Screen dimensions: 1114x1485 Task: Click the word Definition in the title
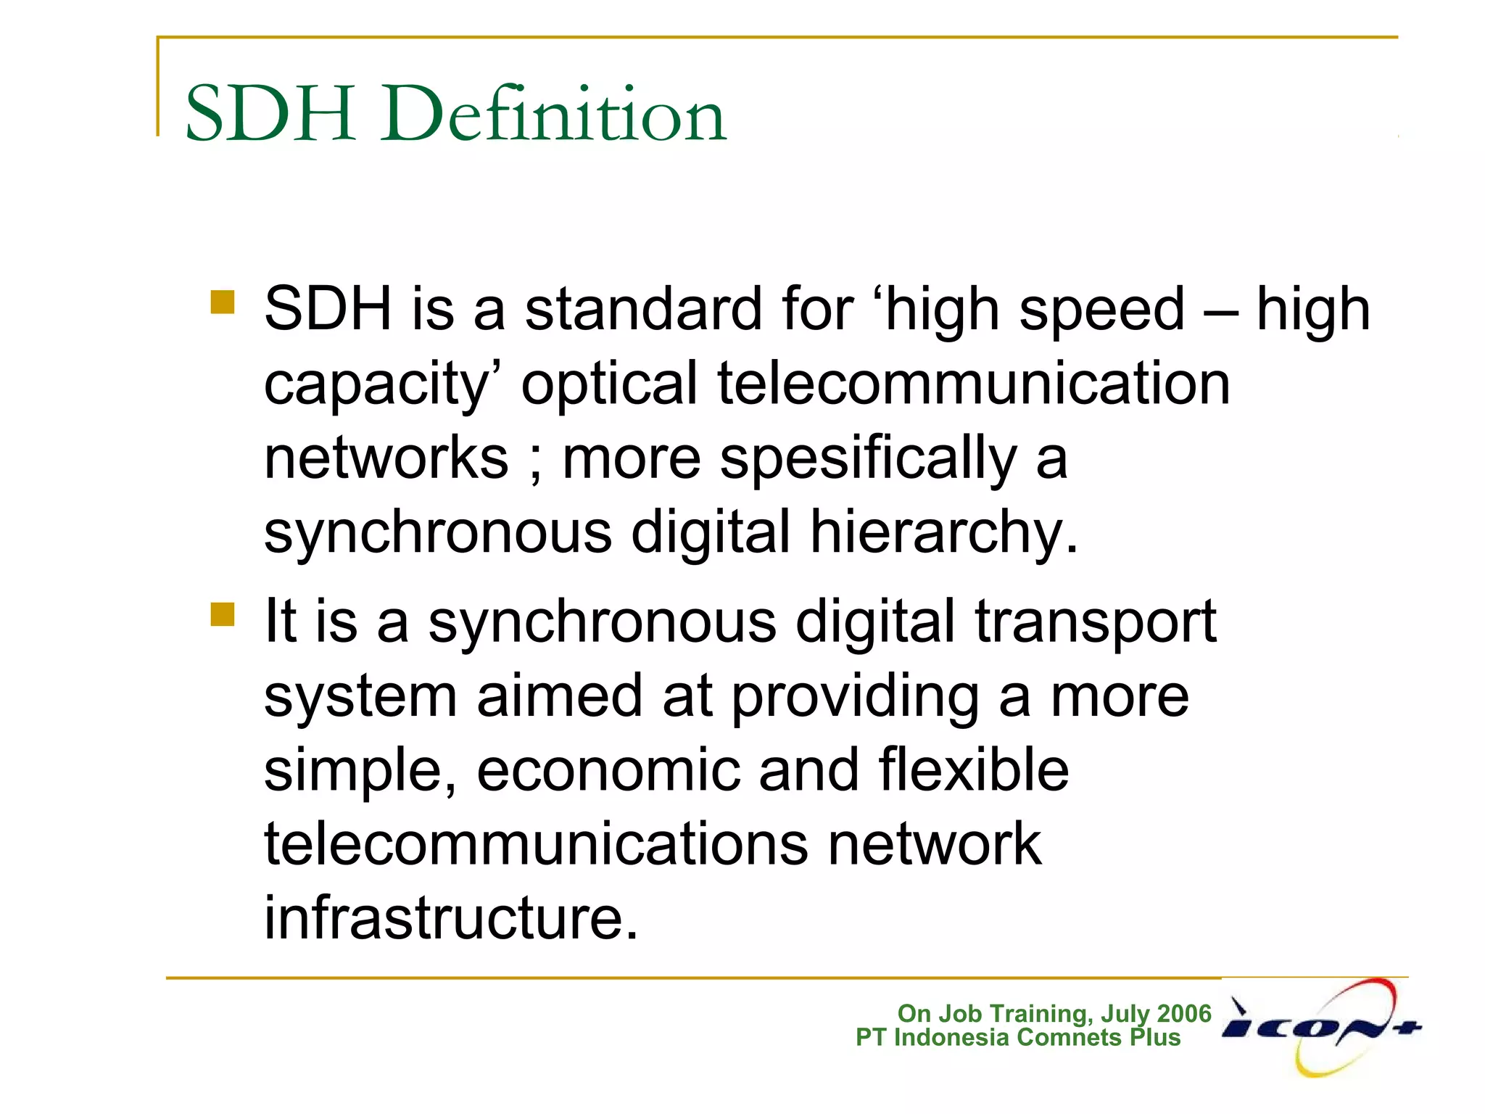[555, 115]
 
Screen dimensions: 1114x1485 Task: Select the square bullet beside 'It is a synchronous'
[223, 614]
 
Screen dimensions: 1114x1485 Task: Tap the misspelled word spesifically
[869, 460]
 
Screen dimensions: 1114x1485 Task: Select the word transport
[1095, 622]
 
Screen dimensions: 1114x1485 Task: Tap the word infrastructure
[451, 918]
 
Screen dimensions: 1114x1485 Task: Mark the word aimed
[559, 696]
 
